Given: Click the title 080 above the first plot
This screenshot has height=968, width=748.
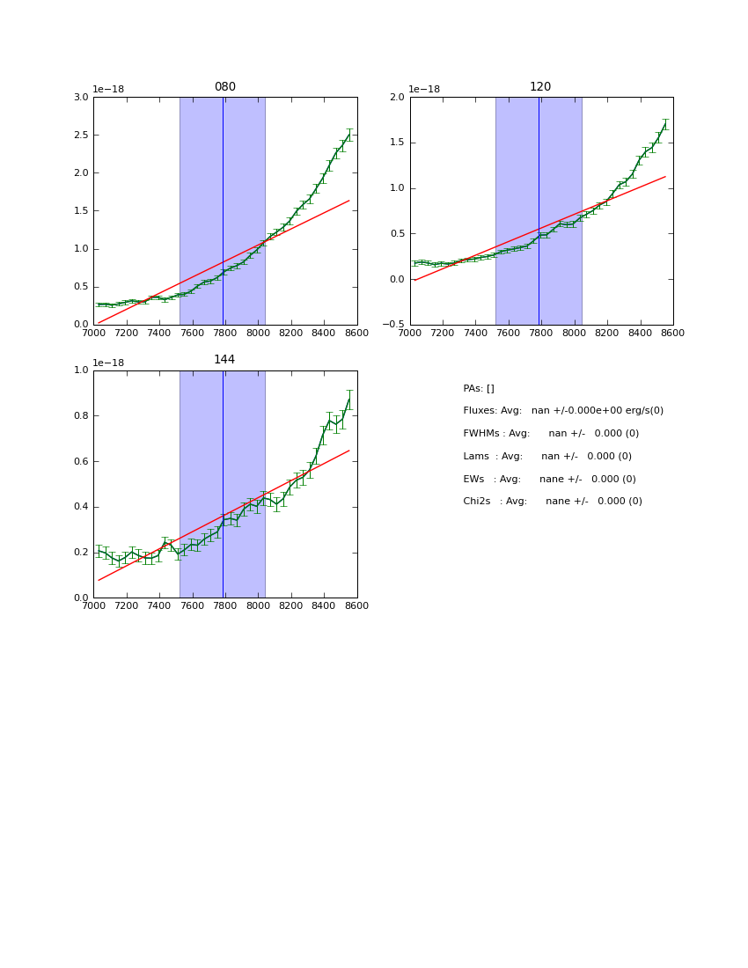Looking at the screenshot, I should tap(225, 87).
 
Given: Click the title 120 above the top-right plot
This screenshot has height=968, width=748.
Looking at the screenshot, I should tap(540, 87).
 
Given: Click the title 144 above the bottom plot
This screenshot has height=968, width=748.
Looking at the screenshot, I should tap(225, 360).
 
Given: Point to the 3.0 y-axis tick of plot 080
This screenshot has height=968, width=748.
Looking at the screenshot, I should tap(79, 98).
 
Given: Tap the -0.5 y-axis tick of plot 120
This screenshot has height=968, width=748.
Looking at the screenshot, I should tap(392, 325).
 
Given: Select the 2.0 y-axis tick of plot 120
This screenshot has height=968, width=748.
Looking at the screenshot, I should tap(395, 98).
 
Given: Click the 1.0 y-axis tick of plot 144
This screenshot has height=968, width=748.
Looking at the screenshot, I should tap(79, 370).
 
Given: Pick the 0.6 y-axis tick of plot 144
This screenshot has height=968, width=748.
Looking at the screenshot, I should tap(79, 461).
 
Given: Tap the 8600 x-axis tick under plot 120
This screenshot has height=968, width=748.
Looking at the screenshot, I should tap(673, 334).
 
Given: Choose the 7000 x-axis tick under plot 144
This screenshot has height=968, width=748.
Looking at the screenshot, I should tap(93, 606).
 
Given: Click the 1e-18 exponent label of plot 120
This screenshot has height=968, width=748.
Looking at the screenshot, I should tap(424, 90).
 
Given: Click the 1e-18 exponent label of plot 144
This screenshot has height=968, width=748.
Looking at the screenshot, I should tap(108, 363).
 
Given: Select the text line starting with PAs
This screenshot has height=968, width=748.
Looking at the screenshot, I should tap(479, 388).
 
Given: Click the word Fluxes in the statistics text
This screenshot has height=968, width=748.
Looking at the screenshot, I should tap(480, 411).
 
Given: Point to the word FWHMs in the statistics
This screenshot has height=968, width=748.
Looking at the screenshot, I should tap(481, 434).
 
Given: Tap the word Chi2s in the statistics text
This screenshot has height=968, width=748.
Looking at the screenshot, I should tap(478, 502).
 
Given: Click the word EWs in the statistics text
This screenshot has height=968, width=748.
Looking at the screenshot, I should tap(473, 479).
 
